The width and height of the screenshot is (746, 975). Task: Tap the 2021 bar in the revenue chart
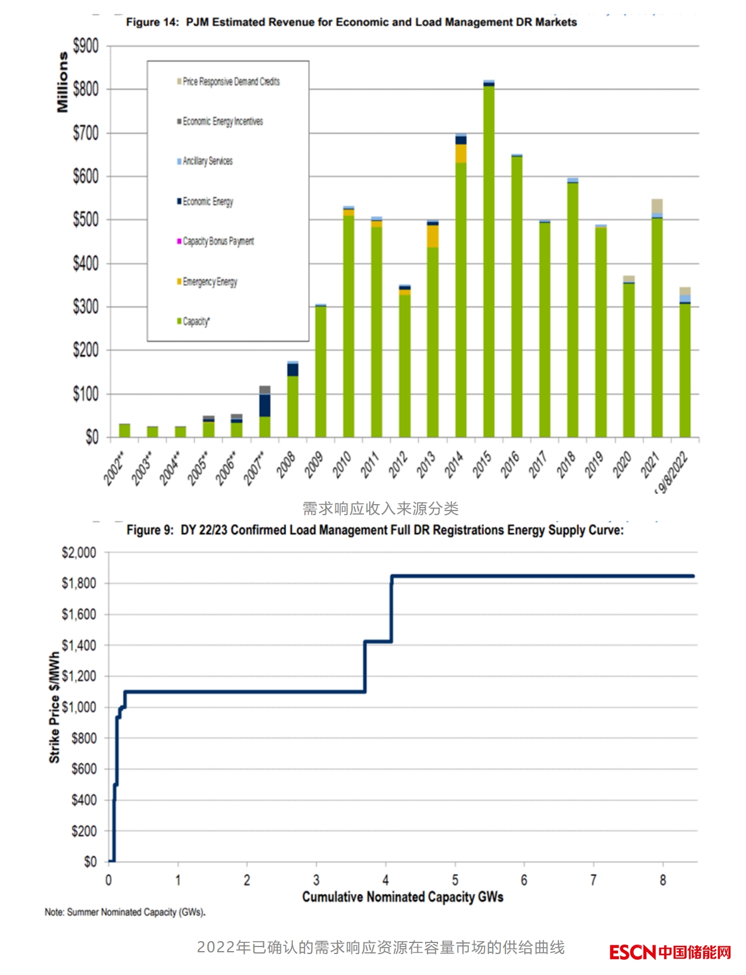[x=657, y=326]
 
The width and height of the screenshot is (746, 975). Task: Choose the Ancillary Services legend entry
[x=207, y=161]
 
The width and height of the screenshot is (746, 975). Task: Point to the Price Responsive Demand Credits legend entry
[x=231, y=81]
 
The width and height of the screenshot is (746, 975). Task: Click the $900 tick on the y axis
[x=86, y=45]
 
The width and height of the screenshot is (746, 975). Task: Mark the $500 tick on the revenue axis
[x=86, y=219]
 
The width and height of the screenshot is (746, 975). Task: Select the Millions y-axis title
[x=62, y=82]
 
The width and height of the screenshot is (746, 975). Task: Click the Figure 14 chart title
[x=351, y=22]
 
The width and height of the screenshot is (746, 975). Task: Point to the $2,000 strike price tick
[x=79, y=552]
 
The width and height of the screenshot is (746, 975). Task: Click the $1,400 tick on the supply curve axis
[x=79, y=645]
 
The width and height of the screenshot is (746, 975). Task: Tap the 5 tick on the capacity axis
[x=455, y=880]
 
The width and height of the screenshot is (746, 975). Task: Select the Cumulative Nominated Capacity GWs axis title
[x=402, y=897]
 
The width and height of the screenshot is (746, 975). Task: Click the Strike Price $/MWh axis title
[x=54, y=707]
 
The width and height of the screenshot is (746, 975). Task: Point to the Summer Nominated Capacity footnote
[x=125, y=912]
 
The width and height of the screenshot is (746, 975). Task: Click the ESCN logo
[x=670, y=952]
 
